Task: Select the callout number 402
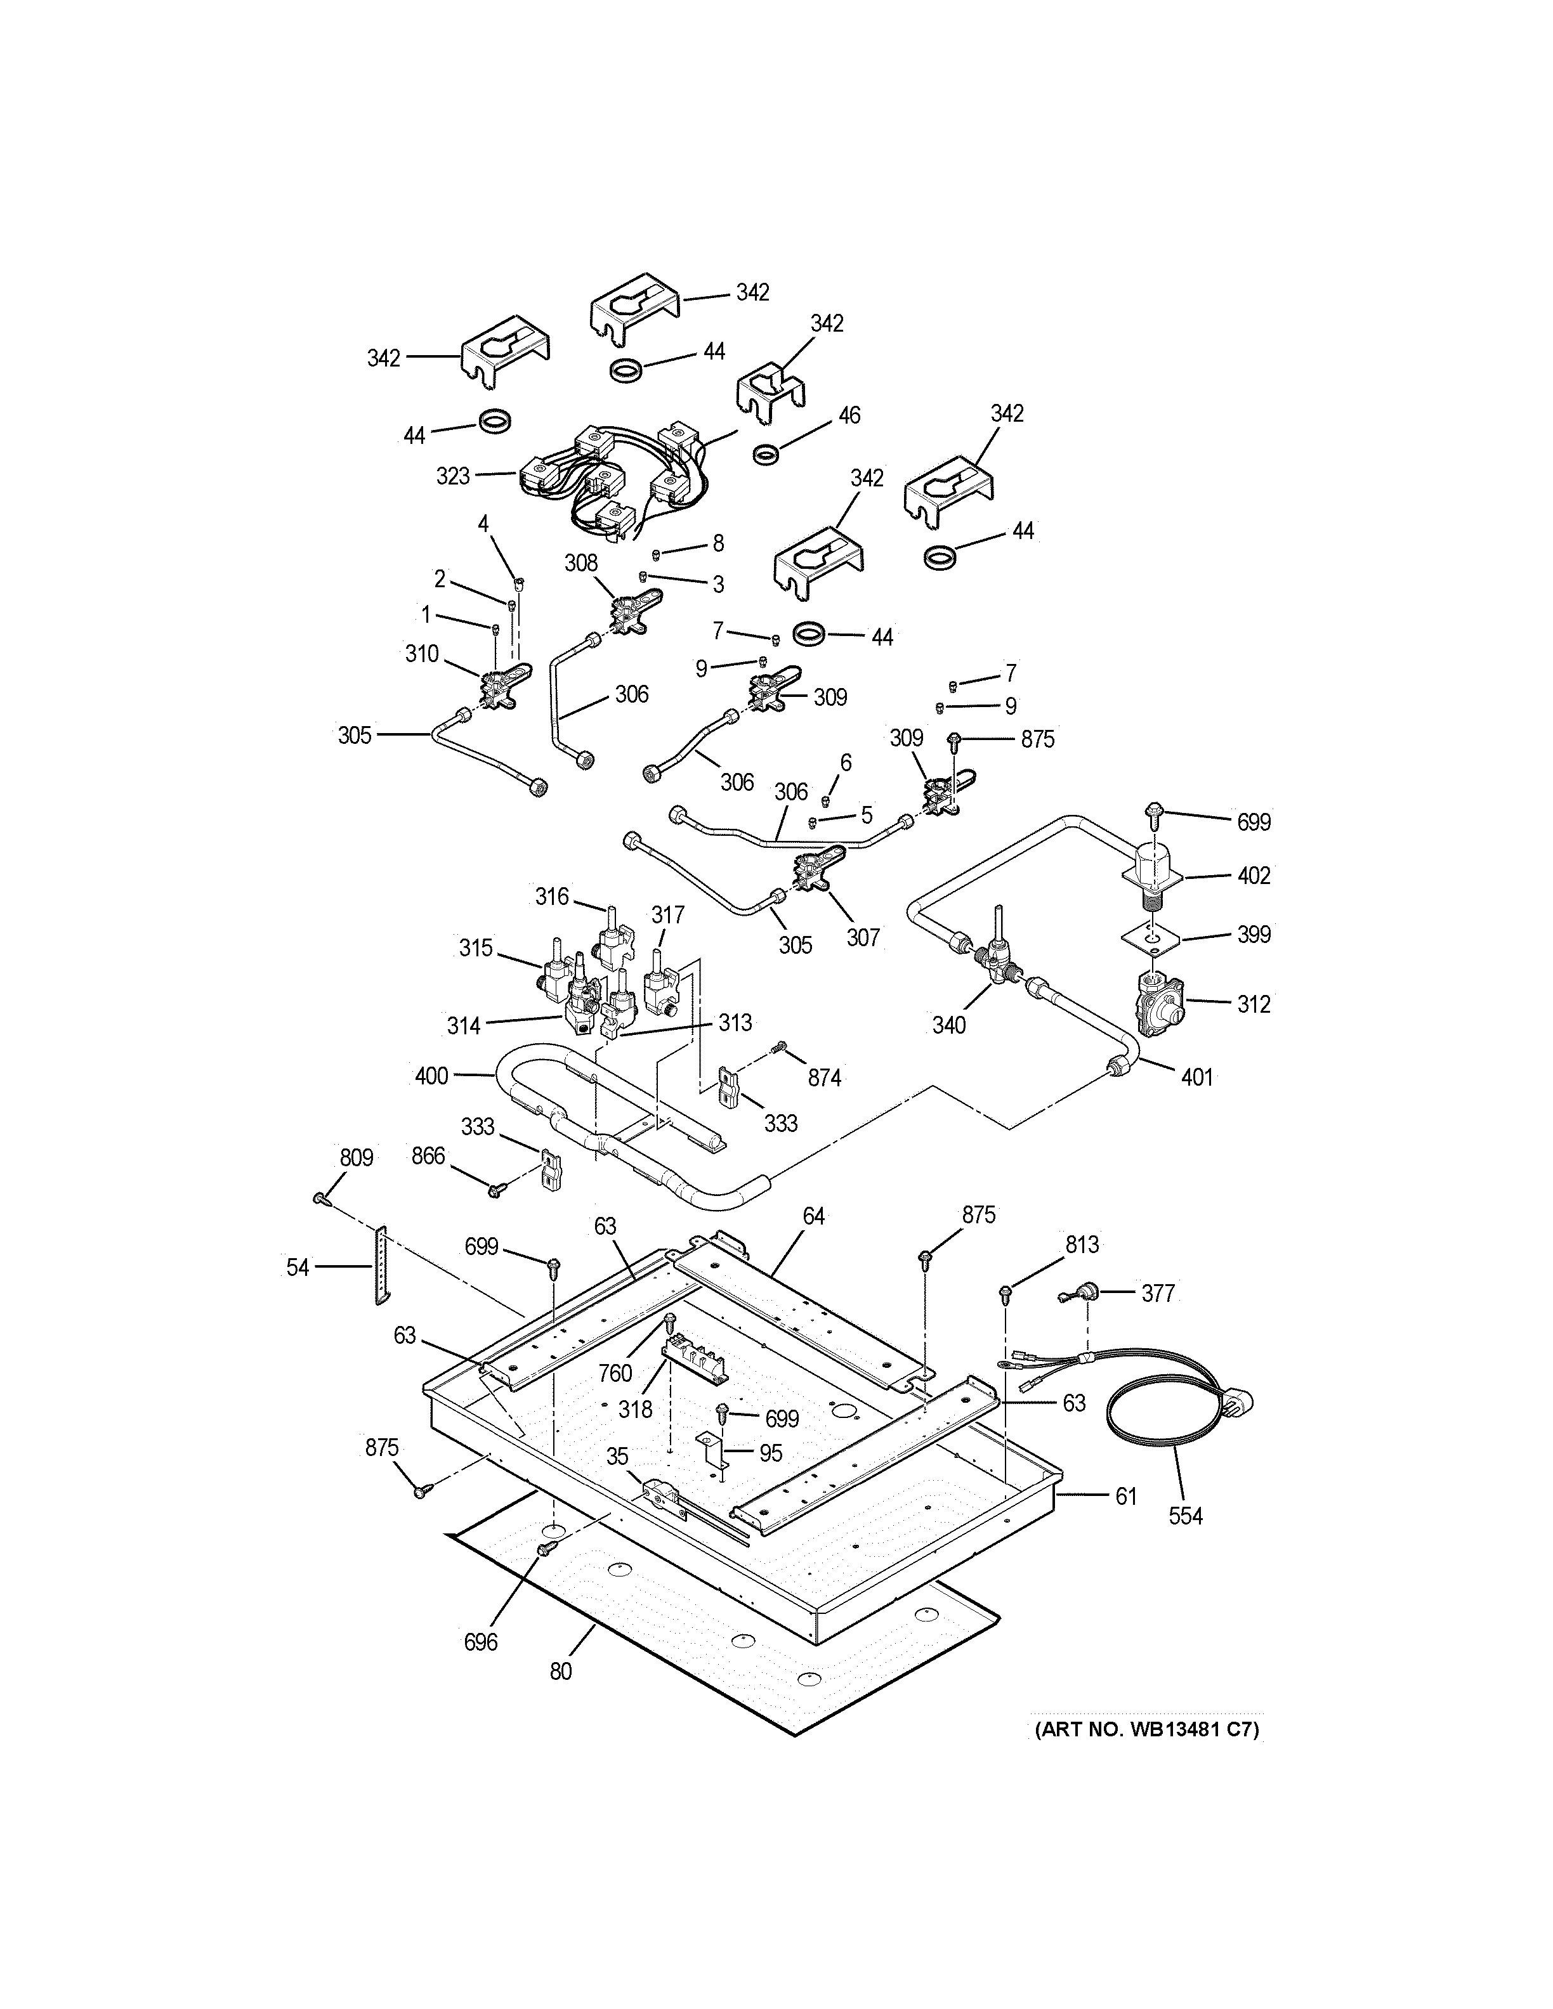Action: tap(1253, 876)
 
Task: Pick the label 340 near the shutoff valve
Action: tap(948, 1025)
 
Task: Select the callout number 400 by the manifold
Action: tap(431, 1076)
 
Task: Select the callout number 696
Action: tap(480, 1641)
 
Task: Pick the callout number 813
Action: tap(1082, 1245)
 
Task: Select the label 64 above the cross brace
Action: tap(813, 1216)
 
